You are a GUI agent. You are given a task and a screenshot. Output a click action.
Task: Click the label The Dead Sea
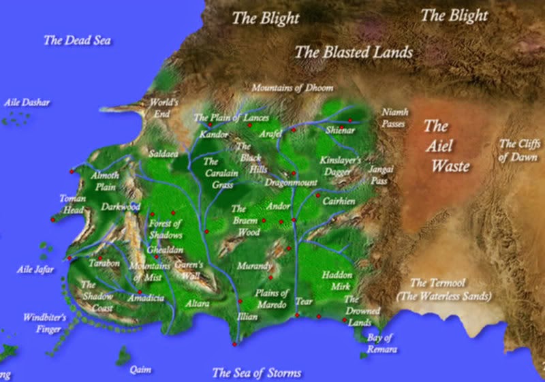[77, 41]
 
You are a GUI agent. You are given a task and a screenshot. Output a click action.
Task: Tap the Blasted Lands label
[354, 52]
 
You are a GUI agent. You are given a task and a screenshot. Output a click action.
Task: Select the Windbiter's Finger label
[44, 322]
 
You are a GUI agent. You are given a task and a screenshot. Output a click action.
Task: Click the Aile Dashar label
[27, 103]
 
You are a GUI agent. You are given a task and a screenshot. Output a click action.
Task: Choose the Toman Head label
[73, 204]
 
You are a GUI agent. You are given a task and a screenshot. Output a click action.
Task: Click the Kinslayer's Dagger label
[345, 167]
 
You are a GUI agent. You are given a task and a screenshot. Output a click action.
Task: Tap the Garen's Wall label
[189, 270]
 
